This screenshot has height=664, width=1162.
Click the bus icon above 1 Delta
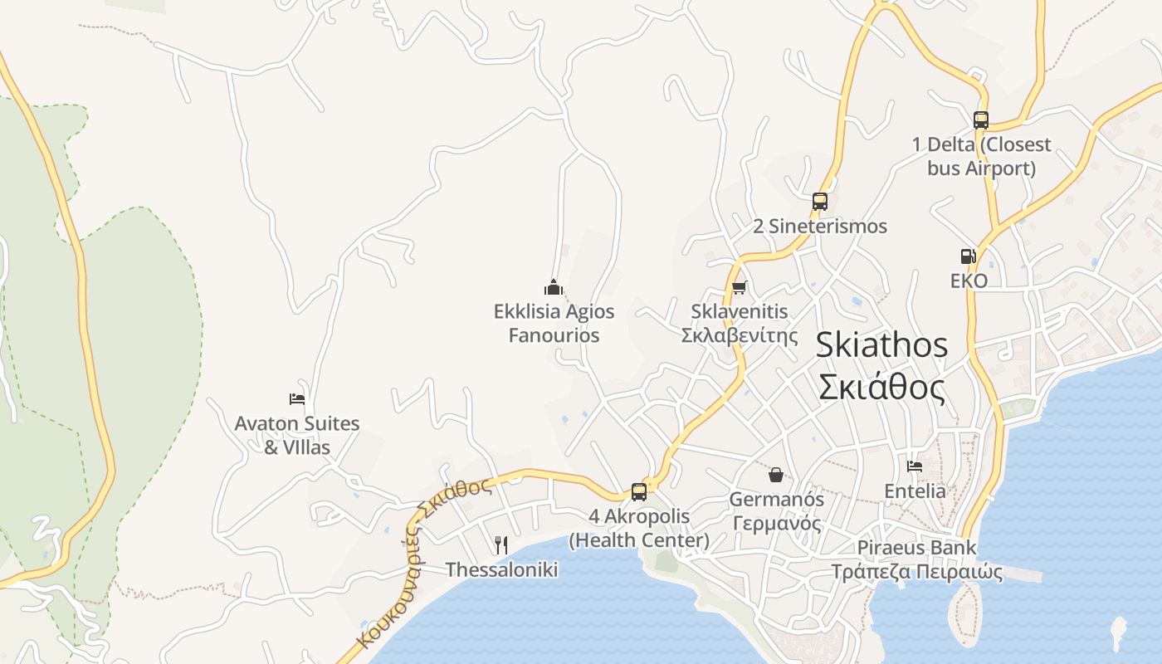point(980,120)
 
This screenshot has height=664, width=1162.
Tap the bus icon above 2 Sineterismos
point(819,201)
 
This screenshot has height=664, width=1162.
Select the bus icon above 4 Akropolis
point(638,491)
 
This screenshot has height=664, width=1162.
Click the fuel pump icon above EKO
point(968,256)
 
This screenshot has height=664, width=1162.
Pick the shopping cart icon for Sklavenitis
point(739,288)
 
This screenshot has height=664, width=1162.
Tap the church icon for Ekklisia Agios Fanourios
point(554,287)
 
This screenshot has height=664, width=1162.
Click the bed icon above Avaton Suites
point(297,399)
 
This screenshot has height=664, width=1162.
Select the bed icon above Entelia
point(915,466)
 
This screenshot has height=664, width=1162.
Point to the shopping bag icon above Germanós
point(776,475)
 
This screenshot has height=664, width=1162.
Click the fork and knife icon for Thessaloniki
point(501,545)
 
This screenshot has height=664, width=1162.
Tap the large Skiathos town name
point(881,344)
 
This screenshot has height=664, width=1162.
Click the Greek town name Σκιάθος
point(881,388)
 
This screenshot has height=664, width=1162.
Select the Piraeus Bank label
point(916,548)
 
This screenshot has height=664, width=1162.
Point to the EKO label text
point(969,281)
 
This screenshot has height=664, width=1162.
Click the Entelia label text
point(915,491)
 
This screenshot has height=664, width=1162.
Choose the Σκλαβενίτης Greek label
point(739,335)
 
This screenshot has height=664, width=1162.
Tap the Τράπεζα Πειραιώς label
point(916,572)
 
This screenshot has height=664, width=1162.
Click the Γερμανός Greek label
point(777,524)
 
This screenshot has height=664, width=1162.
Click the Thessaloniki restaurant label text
point(501,569)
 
